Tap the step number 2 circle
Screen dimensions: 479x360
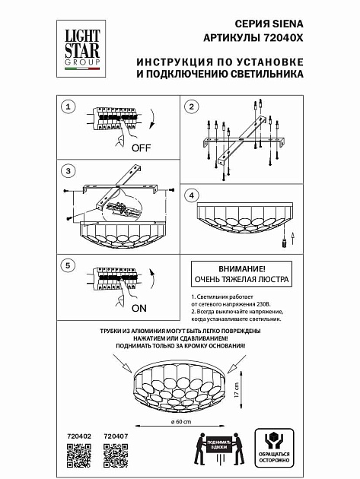pyautogui.click(x=192, y=106)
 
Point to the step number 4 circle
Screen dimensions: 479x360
pyautogui.click(x=192, y=195)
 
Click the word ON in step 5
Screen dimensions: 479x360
pyautogui.click(x=139, y=309)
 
